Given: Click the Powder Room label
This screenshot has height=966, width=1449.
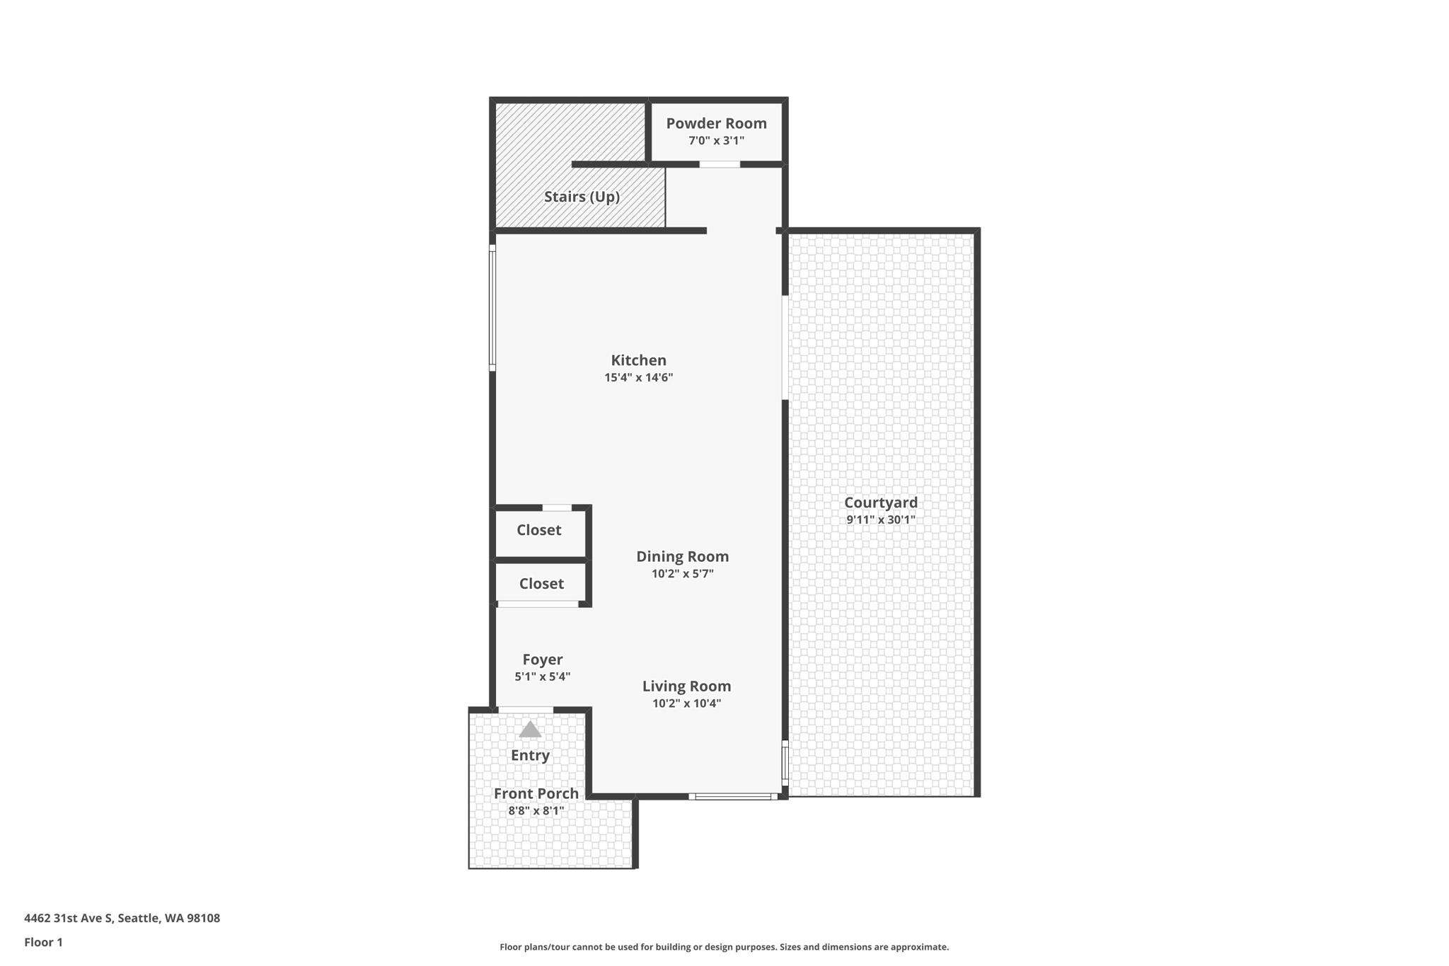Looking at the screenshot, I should [716, 123].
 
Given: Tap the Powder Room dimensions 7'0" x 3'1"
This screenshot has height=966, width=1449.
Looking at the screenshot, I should [716, 141].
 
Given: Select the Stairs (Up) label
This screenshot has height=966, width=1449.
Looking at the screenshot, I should [582, 197].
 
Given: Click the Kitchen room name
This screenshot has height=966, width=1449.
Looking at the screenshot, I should [638, 360].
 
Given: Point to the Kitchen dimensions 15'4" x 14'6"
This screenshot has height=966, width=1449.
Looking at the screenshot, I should [638, 378].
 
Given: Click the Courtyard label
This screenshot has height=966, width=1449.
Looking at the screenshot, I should [880, 502].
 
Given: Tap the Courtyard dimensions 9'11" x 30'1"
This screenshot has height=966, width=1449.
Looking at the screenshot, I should [880, 520].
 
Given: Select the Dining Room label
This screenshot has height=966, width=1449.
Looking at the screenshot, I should [682, 556].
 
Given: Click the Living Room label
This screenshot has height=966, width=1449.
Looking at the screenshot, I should [686, 686].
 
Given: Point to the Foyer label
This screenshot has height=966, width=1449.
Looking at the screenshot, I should [542, 660].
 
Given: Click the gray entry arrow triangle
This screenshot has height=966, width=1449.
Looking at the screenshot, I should [530, 730].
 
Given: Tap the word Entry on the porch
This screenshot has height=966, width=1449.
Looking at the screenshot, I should [530, 755].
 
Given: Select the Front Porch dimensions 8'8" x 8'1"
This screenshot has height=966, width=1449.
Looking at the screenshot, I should [536, 811].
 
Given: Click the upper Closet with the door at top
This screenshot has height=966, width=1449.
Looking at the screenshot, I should [538, 530].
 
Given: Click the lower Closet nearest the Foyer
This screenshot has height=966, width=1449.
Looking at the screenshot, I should [541, 584].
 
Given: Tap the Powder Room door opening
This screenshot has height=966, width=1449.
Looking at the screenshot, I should [720, 164].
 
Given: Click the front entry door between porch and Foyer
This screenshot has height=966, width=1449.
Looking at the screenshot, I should [526, 710].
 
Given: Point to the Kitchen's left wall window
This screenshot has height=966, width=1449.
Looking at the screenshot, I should [492, 308].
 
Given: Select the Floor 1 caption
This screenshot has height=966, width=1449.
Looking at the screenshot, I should [43, 942].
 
